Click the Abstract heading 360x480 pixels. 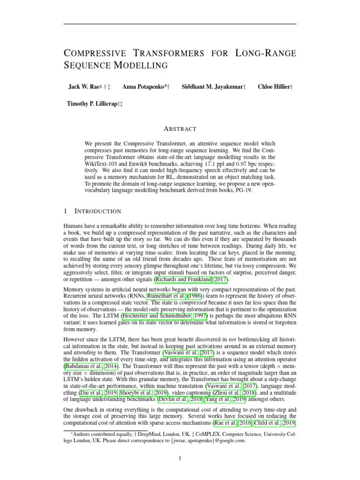pos(180,129)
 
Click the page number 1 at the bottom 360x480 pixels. pos(180,458)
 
